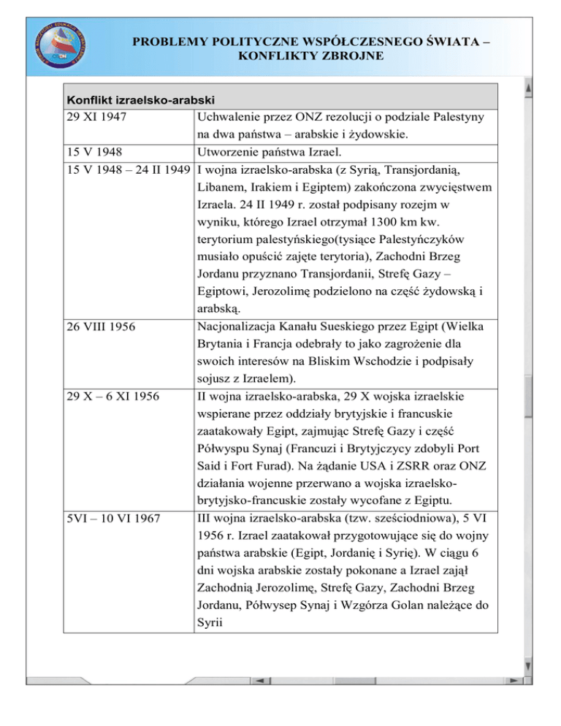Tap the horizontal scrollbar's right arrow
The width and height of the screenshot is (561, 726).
(x=515, y=681)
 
